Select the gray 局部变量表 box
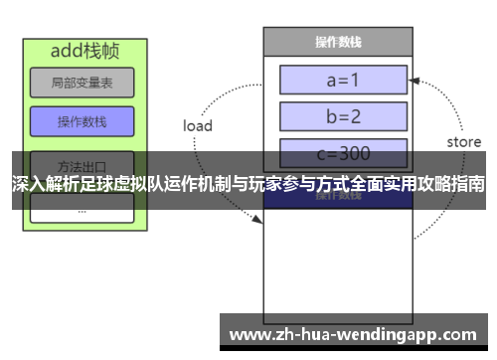point(82,84)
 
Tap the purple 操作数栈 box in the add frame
point(82,121)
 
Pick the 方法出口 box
point(82,164)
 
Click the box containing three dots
point(82,208)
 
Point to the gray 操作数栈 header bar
point(337,42)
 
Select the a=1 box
point(344,79)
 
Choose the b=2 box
point(344,116)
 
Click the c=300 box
point(344,154)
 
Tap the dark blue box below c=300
point(344,194)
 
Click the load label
point(198,125)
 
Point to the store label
point(463,142)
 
